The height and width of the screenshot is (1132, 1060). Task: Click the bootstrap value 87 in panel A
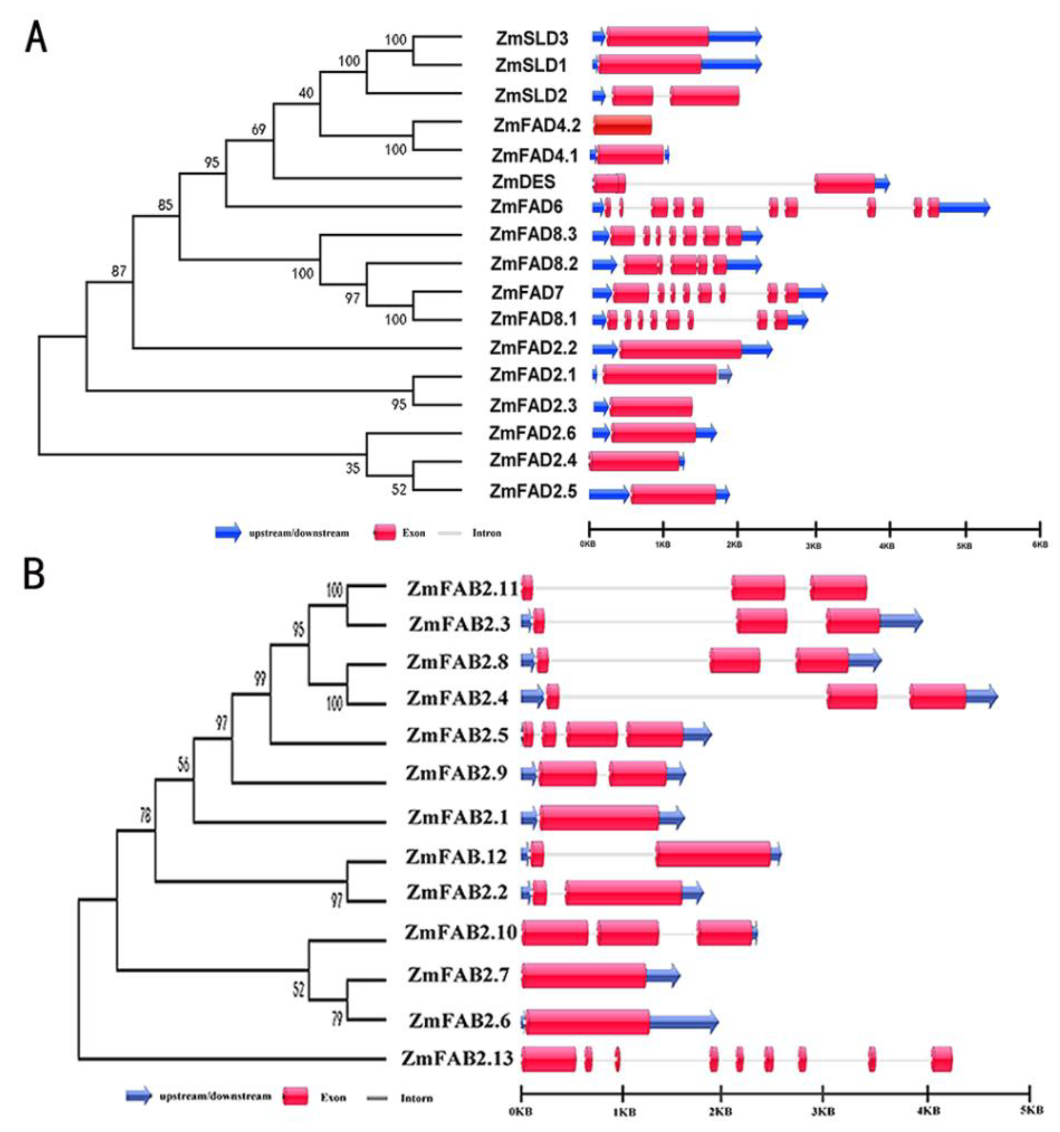tap(118, 271)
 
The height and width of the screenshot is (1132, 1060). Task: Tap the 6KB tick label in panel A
tap(1040, 544)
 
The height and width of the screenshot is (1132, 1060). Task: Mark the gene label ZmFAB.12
tap(456, 856)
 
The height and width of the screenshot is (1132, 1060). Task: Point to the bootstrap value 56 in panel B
tap(184, 765)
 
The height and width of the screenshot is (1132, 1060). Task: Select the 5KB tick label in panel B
tap(1031, 1110)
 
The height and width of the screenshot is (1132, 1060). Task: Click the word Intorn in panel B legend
tap(416, 1098)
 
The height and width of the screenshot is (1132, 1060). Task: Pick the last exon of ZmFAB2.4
tap(937, 697)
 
